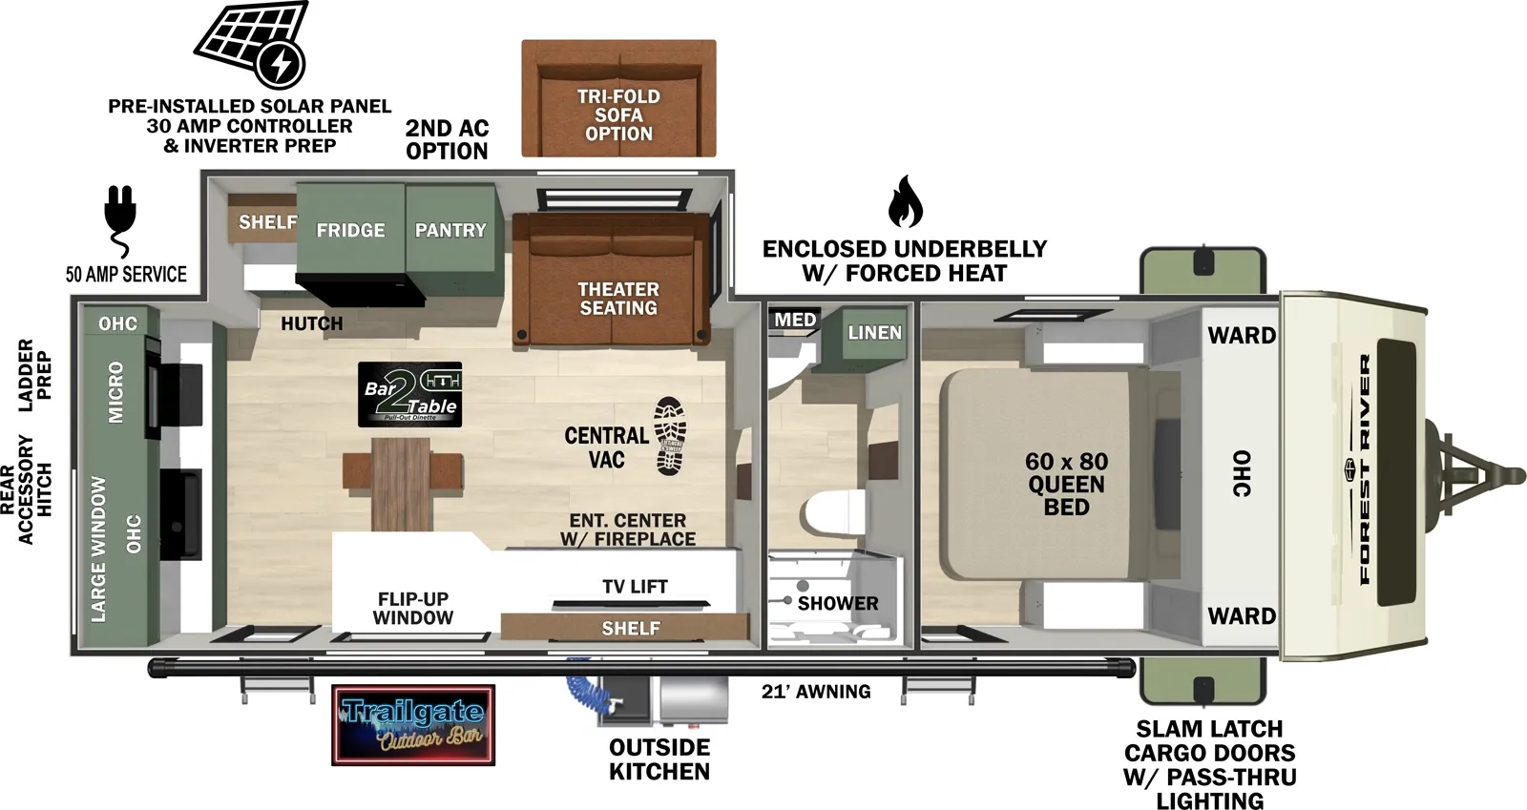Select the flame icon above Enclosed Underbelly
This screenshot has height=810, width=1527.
(x=904, y=201)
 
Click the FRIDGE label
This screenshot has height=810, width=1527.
(x=350, y=230)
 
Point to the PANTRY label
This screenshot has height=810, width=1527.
(x=450, y=230)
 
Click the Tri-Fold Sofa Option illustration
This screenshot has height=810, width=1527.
(x=618, y=99)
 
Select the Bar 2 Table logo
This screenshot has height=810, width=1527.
(x=410, y=394)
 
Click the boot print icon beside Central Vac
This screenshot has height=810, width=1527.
(x=670, y=436)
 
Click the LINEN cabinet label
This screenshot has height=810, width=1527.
(x=874, y=332)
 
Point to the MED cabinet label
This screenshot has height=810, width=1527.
(x=795, y=320)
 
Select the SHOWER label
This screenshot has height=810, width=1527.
(x=837, y=603)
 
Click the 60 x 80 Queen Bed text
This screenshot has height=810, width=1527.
(x=1066, y=484)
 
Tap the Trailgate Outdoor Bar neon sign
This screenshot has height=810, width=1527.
(x=413, y=725)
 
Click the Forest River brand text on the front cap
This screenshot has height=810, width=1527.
(x=1365, y=469)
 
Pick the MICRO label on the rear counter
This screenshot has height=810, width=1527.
(x=115, y=392)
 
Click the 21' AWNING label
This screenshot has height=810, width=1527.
(x=816, y=692)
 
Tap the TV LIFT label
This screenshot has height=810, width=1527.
(x=635, y=587)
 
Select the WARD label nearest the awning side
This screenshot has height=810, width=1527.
(x=1241, y=616)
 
